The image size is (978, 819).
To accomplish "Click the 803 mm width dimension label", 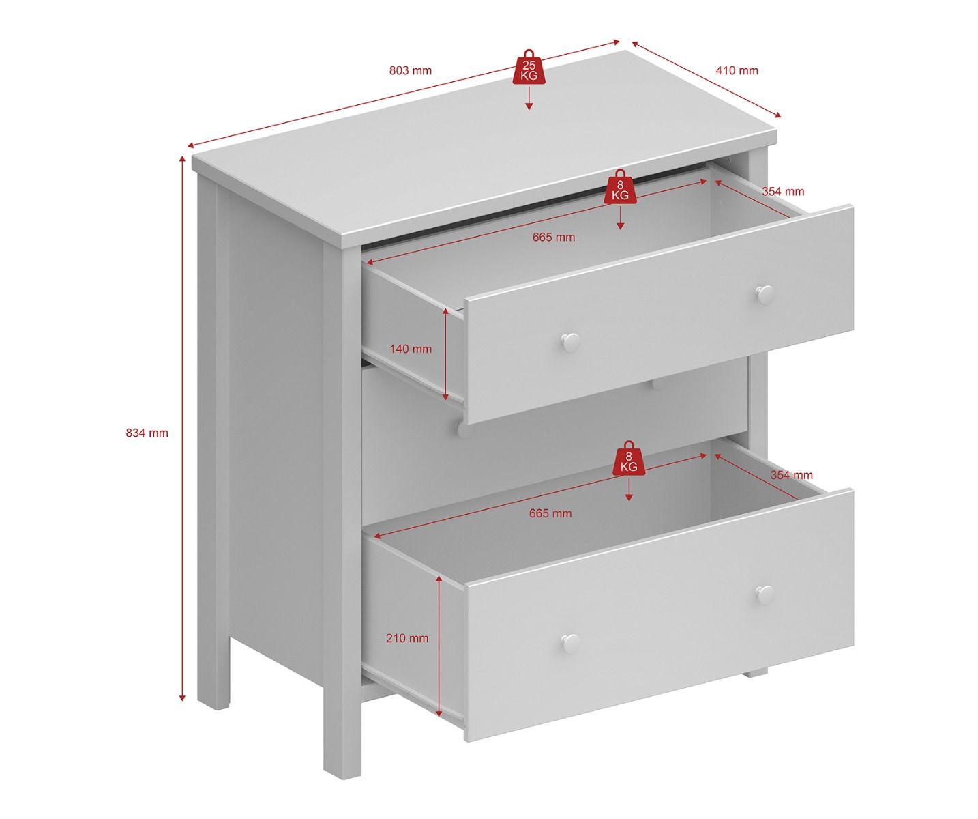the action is (x=410, y=70).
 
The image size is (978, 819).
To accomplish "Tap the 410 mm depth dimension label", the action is (x=737, y=70).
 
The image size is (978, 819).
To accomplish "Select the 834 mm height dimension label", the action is (x=147, y=433).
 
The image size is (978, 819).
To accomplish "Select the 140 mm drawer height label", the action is (x=411, y=349).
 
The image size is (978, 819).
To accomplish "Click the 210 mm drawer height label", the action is (x=407, y=638).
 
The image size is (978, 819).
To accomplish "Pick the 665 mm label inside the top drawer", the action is (x=553, y=238).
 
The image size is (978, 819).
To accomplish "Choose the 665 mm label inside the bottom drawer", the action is (x=550, y=513).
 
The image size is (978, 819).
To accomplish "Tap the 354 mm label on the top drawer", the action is (x=783, y=191).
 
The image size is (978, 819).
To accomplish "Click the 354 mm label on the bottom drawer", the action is (x=792, y=475).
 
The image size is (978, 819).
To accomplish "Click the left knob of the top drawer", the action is (x=570, y=342).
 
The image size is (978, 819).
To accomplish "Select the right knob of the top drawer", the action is (x=765, y=295).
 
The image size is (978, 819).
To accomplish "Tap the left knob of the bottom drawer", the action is (x=569, y=643).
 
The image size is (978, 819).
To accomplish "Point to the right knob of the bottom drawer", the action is (x=765, y=595).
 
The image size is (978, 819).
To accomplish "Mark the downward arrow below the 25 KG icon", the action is (x=529, y=98).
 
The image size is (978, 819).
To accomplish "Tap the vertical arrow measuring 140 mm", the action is (x=445, y=354).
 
